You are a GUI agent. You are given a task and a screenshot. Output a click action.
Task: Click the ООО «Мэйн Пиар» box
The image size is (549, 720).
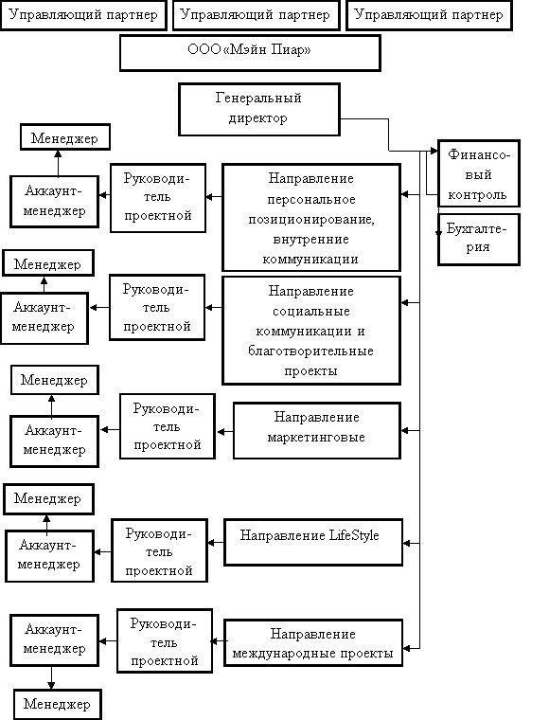(x=250, y=53)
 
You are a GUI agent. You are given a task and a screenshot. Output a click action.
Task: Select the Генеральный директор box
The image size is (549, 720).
(x=259, y=109)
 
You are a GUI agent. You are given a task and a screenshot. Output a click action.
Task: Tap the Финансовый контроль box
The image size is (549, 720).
(x=479, y=173)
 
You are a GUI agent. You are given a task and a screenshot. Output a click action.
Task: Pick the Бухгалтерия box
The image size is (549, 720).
(x=479, y=240)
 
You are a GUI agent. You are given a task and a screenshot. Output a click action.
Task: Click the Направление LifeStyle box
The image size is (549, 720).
(x=313, y=542)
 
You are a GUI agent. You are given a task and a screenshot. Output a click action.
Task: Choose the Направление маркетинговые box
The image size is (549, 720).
(x=317, y=431)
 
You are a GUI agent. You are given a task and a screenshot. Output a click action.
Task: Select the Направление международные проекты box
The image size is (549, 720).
(x=313, y=642)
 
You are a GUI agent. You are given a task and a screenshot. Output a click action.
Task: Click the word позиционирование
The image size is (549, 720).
(x=311, y=220)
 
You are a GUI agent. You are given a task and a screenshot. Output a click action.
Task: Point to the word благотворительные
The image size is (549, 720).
(x=310, y=351)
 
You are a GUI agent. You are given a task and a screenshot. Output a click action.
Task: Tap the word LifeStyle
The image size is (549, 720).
(x=354, y=535)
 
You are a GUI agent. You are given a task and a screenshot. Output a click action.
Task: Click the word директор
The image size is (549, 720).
(x=258, y=118)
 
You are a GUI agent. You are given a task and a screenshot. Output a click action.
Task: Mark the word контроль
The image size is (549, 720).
(x=477, y=195)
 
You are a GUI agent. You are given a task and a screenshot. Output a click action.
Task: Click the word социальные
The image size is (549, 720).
(x=311, y=312)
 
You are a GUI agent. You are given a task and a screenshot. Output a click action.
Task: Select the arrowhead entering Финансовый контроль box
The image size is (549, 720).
(x=434, y=151)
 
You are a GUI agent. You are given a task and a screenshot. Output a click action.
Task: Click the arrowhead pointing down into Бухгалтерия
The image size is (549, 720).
(x=438, y=233)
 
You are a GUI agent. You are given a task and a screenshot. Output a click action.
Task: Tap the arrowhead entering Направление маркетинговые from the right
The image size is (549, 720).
(x=405, y=431)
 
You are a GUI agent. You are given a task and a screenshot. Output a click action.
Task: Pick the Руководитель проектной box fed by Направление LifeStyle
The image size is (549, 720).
(x=160, y=550)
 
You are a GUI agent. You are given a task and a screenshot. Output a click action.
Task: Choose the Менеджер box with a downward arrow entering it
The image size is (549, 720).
(x=58, y=704)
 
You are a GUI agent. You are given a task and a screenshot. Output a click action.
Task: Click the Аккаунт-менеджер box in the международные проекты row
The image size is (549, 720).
(x=55, y=640)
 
